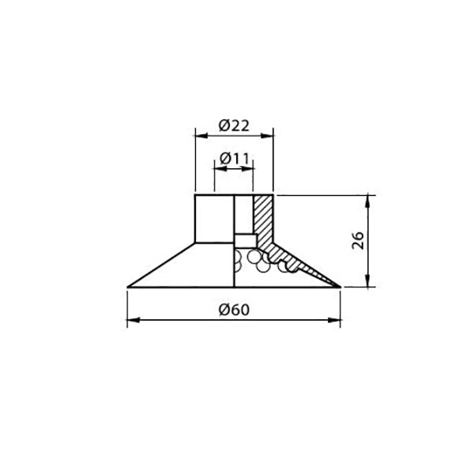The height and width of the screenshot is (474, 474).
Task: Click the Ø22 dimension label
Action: [235, 126]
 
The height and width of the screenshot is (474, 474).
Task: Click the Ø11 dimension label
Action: [235, 159]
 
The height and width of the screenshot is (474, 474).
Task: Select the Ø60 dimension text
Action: [235, 310]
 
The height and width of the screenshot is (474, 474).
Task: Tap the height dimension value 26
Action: [358, 240]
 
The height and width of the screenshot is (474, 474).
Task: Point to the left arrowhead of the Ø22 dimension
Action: [201, 136]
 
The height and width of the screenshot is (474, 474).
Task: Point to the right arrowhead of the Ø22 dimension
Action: [267, 136]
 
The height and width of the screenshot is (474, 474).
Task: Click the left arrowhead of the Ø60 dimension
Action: [134, 320]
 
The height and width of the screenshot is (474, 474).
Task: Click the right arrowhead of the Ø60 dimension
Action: [334, 320]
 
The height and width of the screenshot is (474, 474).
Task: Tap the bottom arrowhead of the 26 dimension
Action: [368, 280]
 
